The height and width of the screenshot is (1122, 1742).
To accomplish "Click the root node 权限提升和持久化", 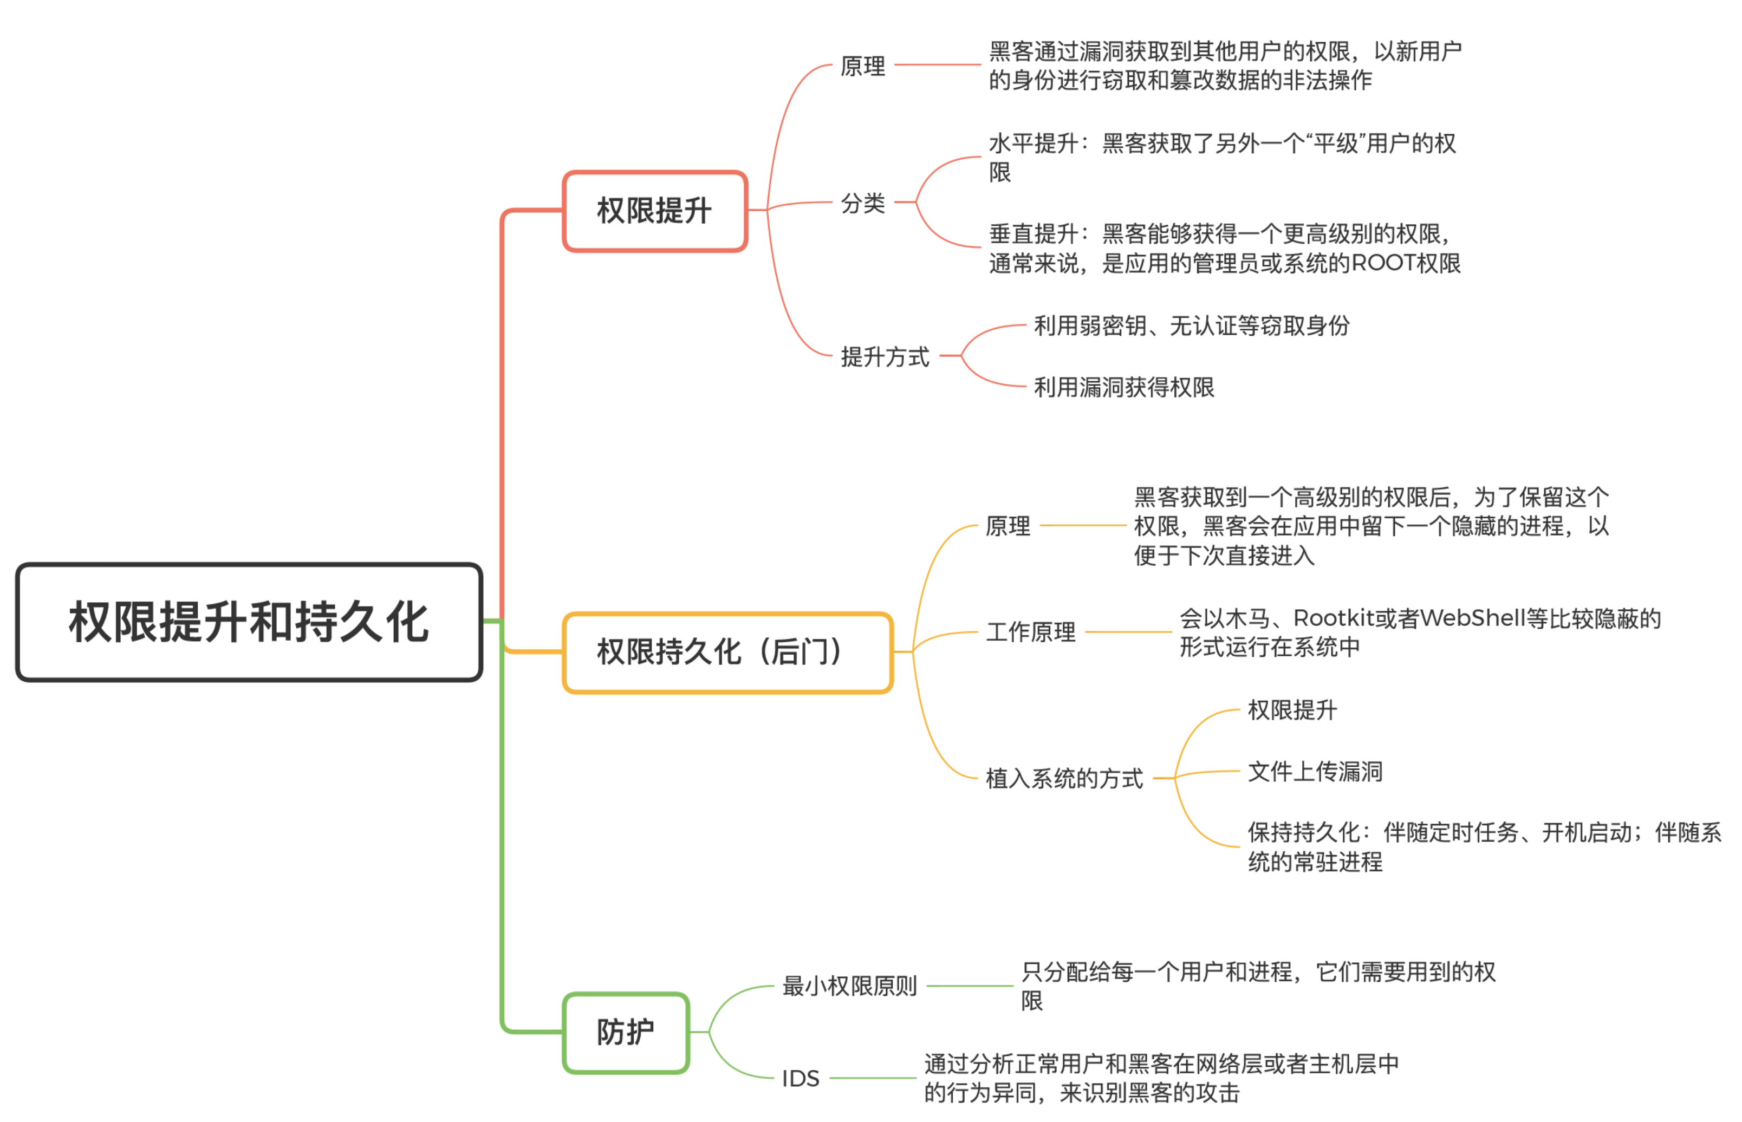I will coord(249,622).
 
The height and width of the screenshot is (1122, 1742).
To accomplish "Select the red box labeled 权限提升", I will coord(655,211).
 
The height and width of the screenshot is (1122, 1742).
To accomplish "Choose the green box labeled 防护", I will coord(626,1033).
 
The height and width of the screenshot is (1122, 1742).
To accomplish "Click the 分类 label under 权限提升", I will coord(863,203).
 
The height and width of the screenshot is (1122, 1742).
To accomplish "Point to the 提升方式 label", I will coord(885,356).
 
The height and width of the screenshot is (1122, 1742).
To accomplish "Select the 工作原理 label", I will coord(1031,632).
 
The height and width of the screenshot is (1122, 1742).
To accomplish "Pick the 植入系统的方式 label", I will coord(1064,778).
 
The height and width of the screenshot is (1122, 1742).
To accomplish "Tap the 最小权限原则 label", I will coord(849,986).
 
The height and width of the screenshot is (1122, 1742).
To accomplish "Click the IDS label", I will coord(801,1078).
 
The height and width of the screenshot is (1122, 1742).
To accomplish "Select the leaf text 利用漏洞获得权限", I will coord(1124,387).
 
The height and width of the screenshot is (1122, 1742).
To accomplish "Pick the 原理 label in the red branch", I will coord(863,66).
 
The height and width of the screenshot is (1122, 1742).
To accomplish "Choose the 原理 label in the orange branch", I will coord(1009,525).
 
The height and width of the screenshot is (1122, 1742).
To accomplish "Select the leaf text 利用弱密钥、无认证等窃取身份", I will coord(1192,325).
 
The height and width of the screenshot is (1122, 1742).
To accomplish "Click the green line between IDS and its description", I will coord(872,1078).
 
